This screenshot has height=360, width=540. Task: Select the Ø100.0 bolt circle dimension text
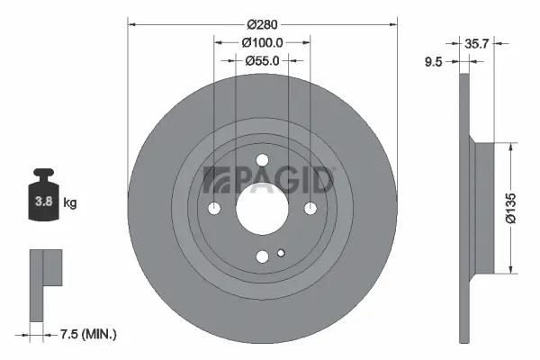point(263,41)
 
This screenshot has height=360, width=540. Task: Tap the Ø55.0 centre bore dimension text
point(263,60)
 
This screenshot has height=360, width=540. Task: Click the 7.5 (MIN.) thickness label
point(86,335)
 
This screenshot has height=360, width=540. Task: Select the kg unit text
point(70,203)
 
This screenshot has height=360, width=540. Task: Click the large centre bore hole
point(262,208)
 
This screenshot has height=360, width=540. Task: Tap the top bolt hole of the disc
point(262,161)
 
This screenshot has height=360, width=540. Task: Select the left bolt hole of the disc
point(214,209)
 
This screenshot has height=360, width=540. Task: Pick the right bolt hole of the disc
point(310,209)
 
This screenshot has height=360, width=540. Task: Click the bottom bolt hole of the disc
point(262,256)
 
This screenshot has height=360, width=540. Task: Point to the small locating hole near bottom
point(282,253)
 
